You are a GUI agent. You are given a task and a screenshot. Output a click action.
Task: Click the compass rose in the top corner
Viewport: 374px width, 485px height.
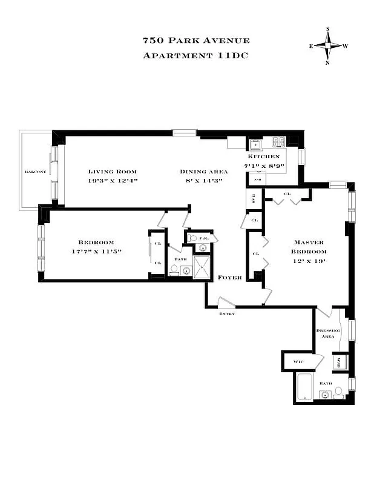click(x=329, y=45)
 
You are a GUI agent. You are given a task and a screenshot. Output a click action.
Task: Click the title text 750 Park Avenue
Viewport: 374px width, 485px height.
click(x=195, y=41)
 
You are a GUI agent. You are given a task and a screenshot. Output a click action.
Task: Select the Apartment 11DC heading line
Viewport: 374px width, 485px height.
click(x=195, y=56)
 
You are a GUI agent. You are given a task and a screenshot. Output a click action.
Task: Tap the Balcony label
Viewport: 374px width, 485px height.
click(x=35, y=172)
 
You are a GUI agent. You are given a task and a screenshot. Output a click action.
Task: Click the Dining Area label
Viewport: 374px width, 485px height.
click(x=203, y=172)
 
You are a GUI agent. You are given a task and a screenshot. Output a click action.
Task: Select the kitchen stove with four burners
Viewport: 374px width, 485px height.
click(x=278, y=142)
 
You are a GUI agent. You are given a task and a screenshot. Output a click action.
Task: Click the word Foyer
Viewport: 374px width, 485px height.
click(x=231, y=278)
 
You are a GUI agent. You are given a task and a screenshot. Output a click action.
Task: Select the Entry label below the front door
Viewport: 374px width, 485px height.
click(x=227, y=313)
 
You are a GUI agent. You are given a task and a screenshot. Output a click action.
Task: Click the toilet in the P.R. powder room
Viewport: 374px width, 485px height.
click(x=193, y=239)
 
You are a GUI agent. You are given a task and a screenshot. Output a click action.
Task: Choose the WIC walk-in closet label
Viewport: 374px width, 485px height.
click(x=298, y=361)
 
